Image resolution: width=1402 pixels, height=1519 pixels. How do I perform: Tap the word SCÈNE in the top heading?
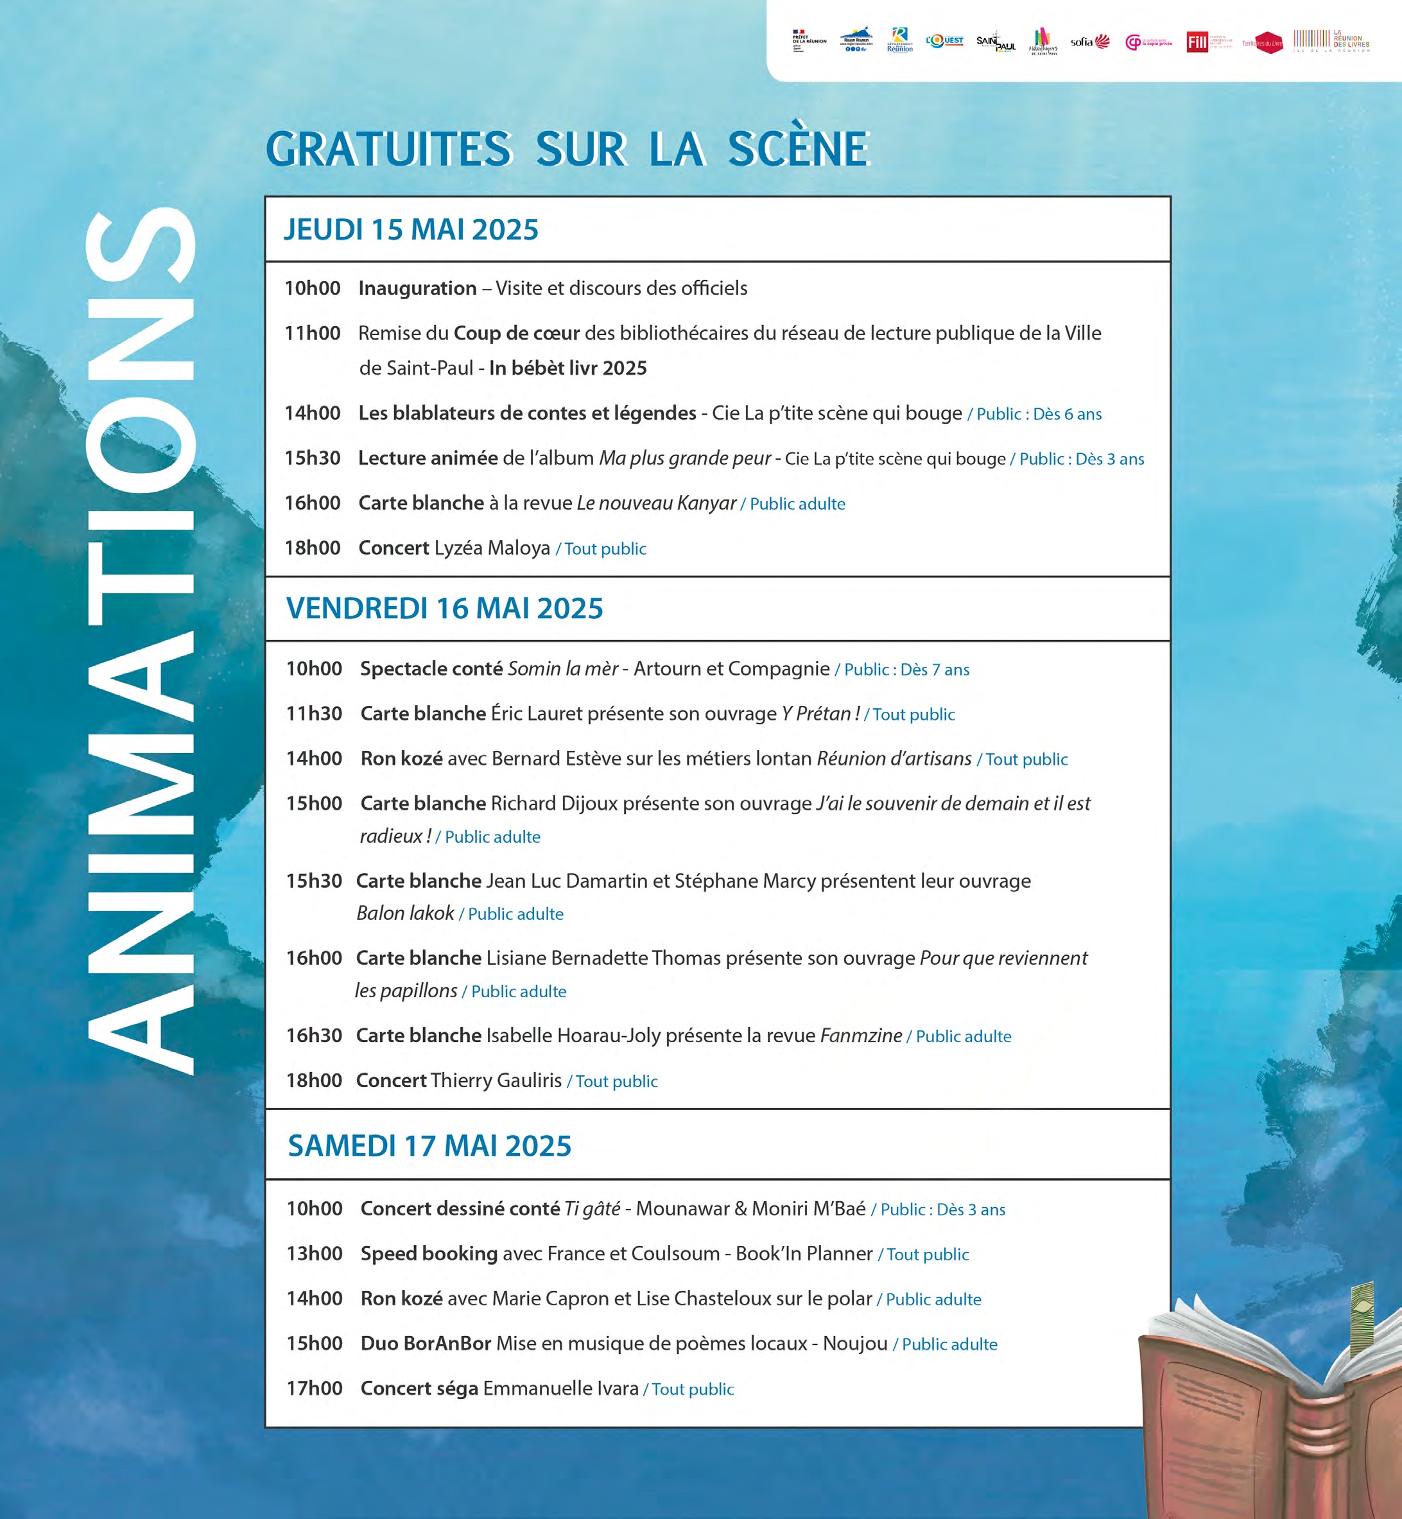tap(797, 149)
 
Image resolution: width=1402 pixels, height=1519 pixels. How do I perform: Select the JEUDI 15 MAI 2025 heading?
tap(410, 230)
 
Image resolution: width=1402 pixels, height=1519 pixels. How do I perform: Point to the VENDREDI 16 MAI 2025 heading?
tap(445, 609)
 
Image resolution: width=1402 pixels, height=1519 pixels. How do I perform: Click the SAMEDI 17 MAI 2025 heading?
tap(429, 1146)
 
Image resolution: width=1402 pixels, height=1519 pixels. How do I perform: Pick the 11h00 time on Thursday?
tap(313, 333)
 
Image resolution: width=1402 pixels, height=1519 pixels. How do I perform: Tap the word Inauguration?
tap(417, 288)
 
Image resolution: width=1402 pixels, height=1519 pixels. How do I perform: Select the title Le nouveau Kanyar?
tap(656, 503)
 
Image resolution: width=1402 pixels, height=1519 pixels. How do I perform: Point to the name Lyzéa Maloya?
tap(492, 548)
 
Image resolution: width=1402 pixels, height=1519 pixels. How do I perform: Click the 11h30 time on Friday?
tap(314, 714)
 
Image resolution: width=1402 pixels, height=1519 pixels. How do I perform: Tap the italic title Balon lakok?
tap(405, 914)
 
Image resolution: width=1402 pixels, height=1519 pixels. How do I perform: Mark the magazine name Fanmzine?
tap(861, 1036)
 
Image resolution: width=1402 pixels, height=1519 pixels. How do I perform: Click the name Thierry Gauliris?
tap(496, 1081)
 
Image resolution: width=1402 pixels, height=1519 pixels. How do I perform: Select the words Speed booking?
tap(429, 1253)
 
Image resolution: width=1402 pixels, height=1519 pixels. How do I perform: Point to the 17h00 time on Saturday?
tap(314, 1389)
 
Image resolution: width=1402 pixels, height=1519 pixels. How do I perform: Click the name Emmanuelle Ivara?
tap(560, 1389)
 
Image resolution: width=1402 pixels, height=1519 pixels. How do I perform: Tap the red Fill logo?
tap(1197, 42)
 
